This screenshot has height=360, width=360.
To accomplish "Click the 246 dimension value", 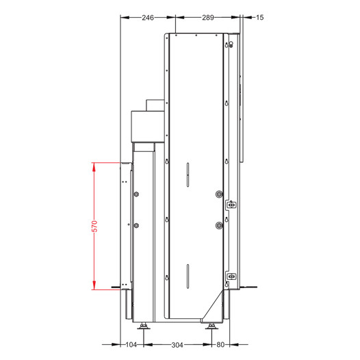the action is coord(148,18).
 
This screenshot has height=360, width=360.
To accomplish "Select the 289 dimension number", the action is coord(208,18).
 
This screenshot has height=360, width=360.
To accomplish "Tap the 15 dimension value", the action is coord(259,17).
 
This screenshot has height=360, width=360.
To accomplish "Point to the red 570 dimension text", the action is coord(94,226).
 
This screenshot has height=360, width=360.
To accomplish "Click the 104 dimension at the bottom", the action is coord(131,345).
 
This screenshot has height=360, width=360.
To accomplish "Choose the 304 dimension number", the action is coord(177,345).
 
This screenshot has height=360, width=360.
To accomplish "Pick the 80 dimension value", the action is coord(220,345).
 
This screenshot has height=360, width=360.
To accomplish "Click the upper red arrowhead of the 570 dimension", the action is coord(94,167).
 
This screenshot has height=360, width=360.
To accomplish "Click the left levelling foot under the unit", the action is coord(144,326).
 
